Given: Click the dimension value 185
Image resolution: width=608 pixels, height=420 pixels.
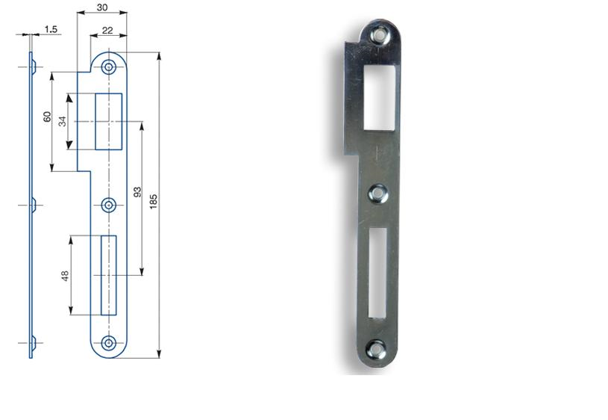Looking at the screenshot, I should pyautogui.click(x=153, y=200).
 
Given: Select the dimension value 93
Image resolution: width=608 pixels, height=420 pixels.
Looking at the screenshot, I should pyautogui.click(x=136, y=192).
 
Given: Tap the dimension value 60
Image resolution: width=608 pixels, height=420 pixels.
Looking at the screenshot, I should pyautogui.click(x=47, y=117).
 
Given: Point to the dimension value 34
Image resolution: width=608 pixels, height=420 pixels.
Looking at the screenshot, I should pyautogui.click(x=63, y=121).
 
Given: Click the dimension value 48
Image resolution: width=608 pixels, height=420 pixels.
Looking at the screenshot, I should pyautogui.click(x=65, y=275).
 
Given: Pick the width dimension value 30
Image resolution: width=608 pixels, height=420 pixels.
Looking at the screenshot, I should pyautogui.click(x=101, y=7).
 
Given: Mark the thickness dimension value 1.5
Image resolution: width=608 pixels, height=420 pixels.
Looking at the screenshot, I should pyautogui.click(x=51, y=28).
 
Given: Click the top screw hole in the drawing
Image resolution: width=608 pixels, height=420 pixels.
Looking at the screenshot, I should pyautogui.click(x=109, y=67).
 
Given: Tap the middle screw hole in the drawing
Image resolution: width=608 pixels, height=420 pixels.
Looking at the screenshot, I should pyautogui.click(x=109, y=205).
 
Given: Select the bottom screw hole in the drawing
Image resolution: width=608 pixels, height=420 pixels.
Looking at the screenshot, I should pyautogui.click(x=109, y=343).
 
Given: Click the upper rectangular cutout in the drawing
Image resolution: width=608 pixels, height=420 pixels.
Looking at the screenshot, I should pyautogui.click(x=109, y=121).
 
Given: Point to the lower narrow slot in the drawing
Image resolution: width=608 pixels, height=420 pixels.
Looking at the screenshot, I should pyautogui.click(x=109, y=275).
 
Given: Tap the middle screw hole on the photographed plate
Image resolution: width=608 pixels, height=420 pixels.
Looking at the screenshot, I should pyautogui.click(x=379, y=194).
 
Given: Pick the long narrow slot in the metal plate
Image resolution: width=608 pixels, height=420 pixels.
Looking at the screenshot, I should pyautogui.click(x=377, y=272).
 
